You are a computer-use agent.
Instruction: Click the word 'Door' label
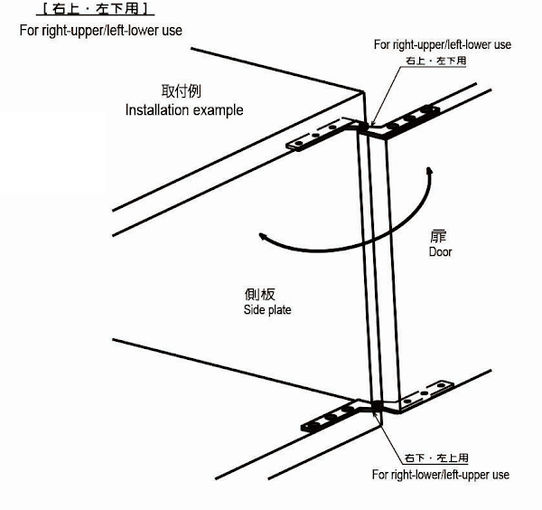440,251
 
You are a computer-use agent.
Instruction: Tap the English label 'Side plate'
267,309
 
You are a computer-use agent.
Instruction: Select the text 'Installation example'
184,110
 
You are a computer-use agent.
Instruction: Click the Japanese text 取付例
181,91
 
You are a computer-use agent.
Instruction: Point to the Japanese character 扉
438,237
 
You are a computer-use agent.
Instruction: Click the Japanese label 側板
259,295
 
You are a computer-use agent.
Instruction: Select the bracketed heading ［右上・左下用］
96,9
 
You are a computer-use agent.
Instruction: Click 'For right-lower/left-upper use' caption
441,475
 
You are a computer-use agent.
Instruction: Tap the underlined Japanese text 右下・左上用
436,458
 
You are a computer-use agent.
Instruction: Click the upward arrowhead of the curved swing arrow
429,171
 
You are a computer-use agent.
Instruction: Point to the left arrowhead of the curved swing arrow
263,236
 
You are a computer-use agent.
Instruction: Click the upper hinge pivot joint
362,127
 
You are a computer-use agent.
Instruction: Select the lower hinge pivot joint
376,406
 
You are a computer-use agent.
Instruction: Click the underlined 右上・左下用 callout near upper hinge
436,61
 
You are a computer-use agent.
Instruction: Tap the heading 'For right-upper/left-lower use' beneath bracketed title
100,31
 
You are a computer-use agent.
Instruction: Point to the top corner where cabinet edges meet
363,91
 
